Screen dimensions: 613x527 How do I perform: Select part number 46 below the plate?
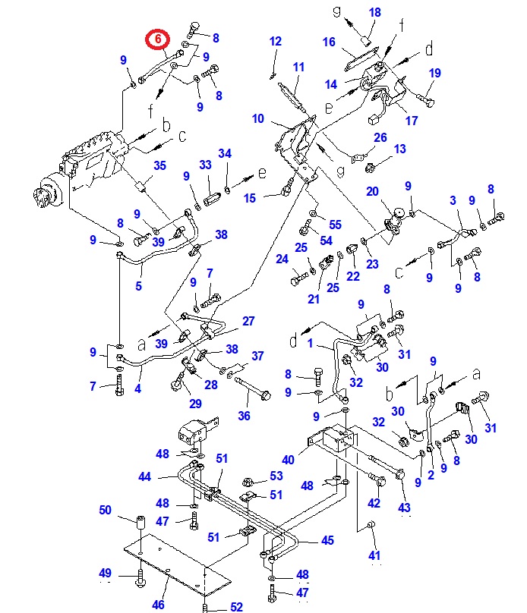pyautogui.click(x=158, y=605)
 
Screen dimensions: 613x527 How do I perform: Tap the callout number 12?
pyautogui.click(x=275, y=41)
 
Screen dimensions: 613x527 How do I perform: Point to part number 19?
pyautogui.click(x=434, y=73)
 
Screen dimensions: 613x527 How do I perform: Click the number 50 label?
pyautogui.click(x=105, y=510)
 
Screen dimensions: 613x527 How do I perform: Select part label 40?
pyautogui.click(x=289, y=460)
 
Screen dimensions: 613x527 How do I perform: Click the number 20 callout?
pyautogui.click(x=372, y=191)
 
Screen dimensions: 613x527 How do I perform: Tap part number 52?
pyautogui.click(x=236, y=606)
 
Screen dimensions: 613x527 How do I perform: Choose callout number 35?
pyautogui.click(x=159, y=165)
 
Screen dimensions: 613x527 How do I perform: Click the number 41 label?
pyautogui.click(x=374, y=556)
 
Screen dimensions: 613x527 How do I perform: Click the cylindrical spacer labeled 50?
pyautogui.click(x=141, y=525)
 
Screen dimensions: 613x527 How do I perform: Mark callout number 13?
pyautogui.click(x=400, y=149)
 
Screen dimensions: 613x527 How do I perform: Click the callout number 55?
pyautogui.click(x=335, y=225)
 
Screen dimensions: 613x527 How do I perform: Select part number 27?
pyautogui.click(x=248, y=321)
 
